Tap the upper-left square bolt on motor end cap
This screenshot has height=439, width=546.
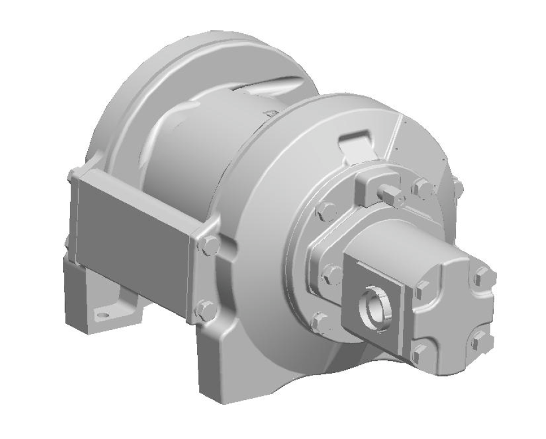422,285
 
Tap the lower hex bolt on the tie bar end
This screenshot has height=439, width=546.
205,310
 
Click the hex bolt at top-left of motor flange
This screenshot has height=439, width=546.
326,212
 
